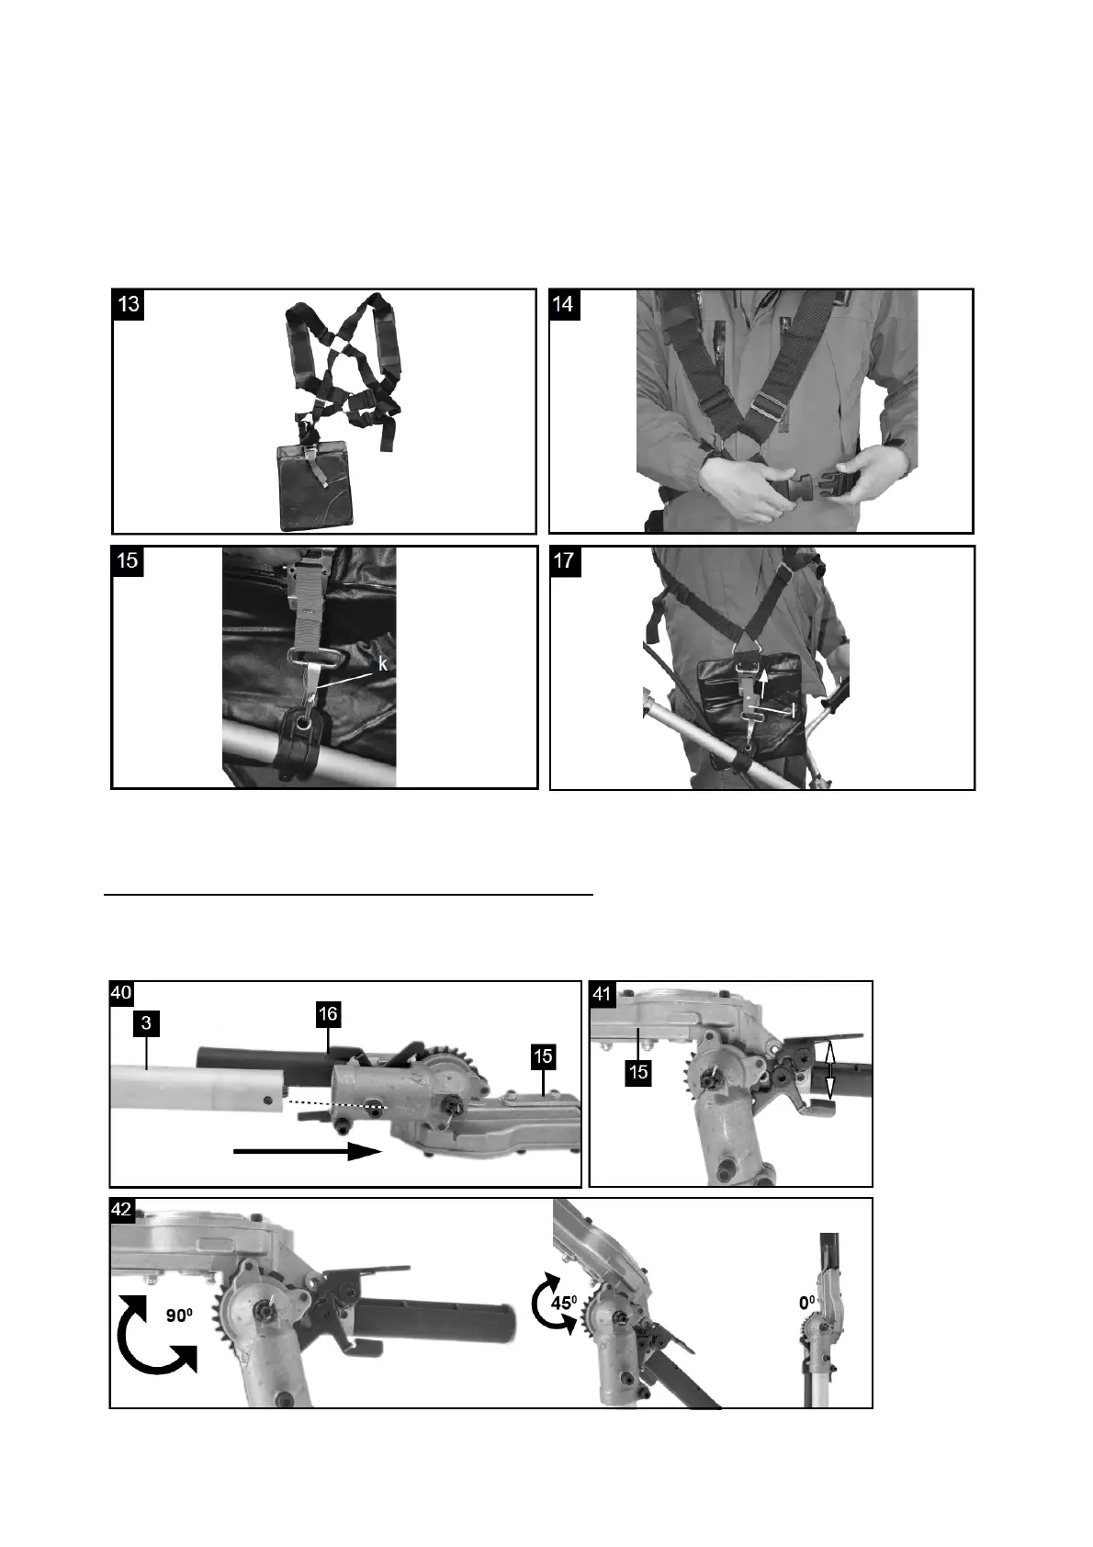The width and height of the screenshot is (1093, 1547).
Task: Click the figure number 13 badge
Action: tap(129, 305)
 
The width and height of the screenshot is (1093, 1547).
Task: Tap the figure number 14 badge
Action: tap(564, 305)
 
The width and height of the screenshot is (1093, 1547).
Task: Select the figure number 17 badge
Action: tap(565, 560)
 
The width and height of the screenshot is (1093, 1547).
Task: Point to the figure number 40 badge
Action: tap(121, 992)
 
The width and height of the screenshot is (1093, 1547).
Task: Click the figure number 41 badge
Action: tap(602, 992)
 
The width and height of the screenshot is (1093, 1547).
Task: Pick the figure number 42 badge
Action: tap(121, 1210)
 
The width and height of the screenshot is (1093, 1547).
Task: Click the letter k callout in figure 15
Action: tap(382, 664)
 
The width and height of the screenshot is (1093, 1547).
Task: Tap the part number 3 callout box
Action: tap(146, 1022)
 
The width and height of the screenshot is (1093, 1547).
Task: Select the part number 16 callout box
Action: tap(328, 1014)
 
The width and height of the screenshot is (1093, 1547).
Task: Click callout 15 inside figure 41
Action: tap(638, 1073)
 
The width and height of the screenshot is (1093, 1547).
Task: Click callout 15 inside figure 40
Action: tap(544, 1056)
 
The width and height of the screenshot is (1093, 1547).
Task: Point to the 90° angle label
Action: tap(179, 1316)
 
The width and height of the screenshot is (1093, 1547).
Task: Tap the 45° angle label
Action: tap(563, 1303)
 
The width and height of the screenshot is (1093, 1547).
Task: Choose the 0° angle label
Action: tap(807, 1304)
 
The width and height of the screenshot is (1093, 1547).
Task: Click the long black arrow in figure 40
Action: tap(308, 1151)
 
